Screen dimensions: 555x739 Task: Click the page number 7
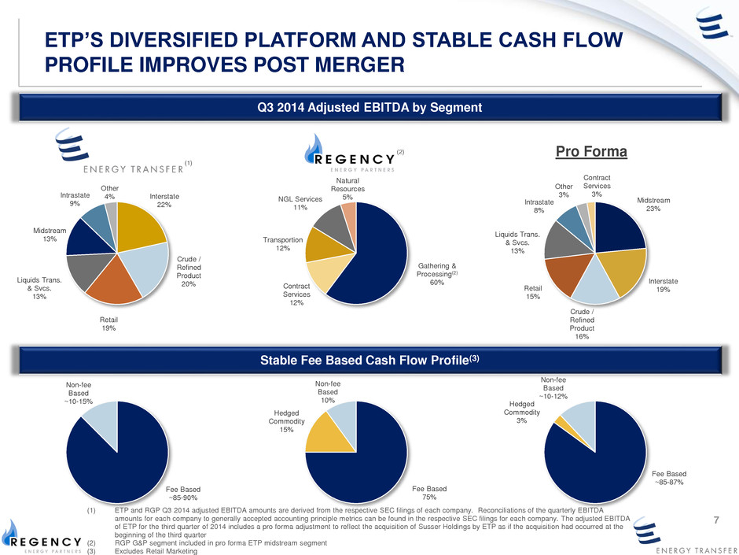[716, 519]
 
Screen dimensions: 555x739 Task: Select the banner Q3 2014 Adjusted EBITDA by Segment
[369, 108]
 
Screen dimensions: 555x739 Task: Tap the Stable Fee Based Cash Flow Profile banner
[369, 361]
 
